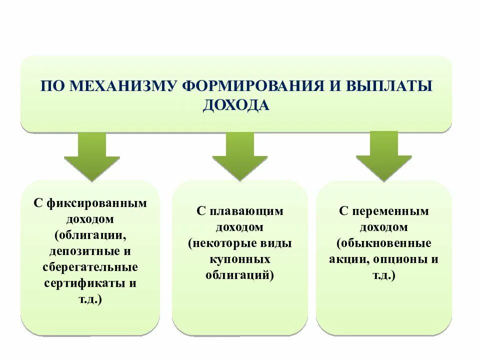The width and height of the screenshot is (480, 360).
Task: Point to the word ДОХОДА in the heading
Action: pos(236,105)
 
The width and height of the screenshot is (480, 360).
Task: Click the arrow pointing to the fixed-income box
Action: pos(92,157)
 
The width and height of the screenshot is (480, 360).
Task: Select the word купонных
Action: pos(240,259)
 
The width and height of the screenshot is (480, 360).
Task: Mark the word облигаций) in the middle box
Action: pos(240,275)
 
